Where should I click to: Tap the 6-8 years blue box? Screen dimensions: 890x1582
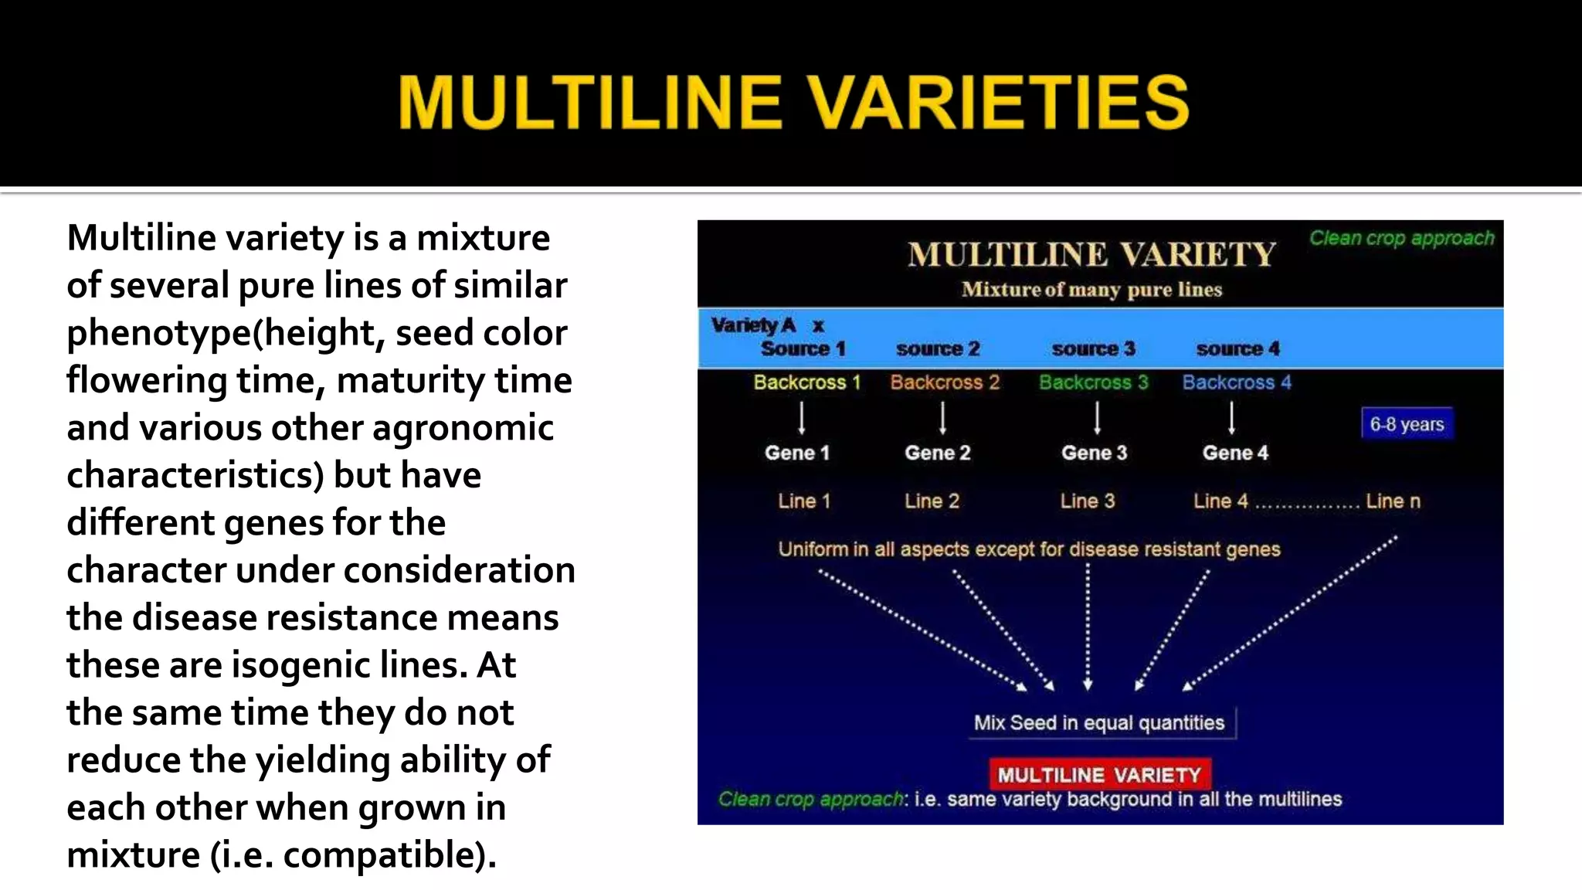[x=1407, y=424]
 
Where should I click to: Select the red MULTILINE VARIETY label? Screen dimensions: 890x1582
[x=1099, y=775]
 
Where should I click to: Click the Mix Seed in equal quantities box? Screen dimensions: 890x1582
[x=1099, y=723]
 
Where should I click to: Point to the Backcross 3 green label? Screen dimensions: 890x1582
[x=1093, y=382]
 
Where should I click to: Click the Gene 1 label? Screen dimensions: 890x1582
[x=797, y=453]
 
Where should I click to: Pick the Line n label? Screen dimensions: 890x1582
[x=1393, y=501]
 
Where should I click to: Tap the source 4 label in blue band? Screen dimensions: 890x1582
[x=1237, y=349]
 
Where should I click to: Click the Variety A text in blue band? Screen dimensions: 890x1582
[x=753, y=325]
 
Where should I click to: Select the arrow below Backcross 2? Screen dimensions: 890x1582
[x=942, y=418]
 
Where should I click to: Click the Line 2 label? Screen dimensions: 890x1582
[x=932, y=501]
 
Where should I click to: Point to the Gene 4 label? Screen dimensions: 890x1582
[x=1235, y=453]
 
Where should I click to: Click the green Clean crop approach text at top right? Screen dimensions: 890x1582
[x=1401, y=238]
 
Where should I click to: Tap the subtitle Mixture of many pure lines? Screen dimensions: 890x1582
[x=1091, y=290]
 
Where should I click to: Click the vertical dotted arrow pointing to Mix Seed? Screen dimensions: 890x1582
[x=1088, y=626]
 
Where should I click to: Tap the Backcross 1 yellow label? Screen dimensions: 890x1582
[x=806, y=382]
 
